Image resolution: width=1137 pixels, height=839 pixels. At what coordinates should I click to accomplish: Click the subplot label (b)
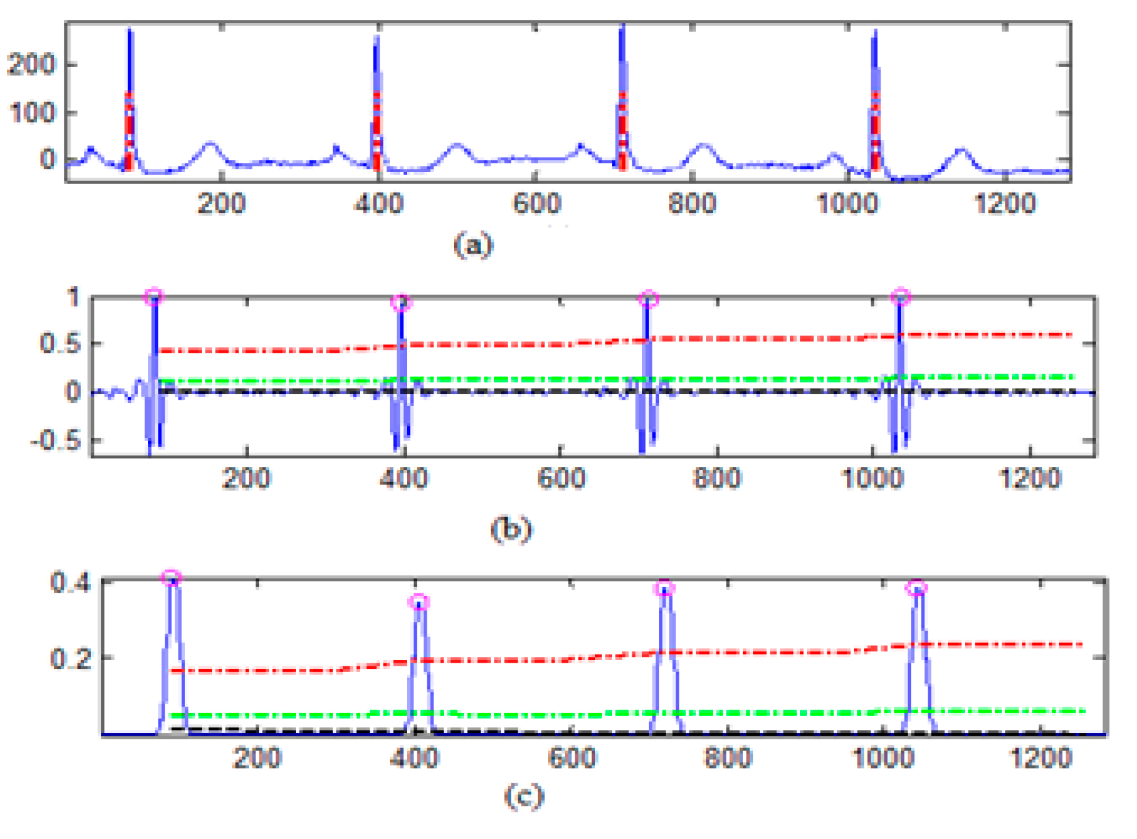510,529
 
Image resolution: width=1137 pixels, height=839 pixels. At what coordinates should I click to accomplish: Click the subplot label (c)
524,796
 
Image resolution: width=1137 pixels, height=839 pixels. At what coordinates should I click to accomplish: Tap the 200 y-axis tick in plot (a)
31,64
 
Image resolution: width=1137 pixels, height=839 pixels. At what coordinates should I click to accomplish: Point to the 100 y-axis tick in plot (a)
31,113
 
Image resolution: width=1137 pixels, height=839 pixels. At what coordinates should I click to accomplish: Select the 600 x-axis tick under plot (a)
536,204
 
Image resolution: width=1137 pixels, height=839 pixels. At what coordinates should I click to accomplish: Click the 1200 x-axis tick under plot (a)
1004,204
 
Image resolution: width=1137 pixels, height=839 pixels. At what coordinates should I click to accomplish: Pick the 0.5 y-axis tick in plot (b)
60,343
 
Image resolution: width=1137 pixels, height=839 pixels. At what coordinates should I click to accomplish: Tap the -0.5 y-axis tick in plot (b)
56,441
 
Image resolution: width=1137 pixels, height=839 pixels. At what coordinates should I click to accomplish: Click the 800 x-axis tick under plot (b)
717,478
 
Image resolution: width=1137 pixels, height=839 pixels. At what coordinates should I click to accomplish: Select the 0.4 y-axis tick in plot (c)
71,582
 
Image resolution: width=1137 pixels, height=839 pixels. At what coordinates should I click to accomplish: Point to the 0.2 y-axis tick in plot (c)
71,658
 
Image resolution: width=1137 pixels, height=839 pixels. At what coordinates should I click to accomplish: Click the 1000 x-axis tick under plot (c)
883,757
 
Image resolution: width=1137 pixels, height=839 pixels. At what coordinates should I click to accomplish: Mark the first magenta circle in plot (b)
154,296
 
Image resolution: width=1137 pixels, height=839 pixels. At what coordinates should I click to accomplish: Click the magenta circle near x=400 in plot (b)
401,303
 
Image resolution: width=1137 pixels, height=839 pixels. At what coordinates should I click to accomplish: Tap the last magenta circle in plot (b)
900,296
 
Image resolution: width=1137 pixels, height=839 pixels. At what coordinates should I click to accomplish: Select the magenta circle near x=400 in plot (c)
419,602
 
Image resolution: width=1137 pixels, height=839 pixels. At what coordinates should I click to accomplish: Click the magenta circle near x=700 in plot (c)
664,588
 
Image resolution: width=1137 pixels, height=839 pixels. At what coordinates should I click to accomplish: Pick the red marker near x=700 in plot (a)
622,131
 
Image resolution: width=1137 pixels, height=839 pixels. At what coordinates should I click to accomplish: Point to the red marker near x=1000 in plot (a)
874,131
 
